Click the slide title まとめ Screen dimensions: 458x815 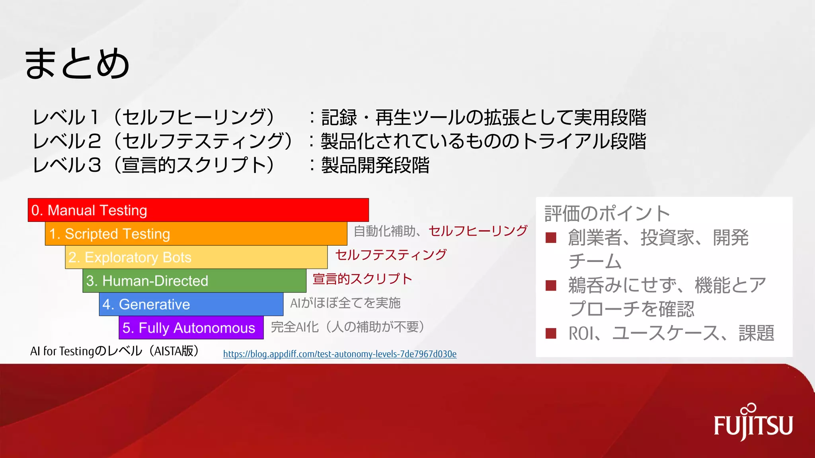coord(77,64)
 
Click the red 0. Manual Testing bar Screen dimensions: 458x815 coord(198,210)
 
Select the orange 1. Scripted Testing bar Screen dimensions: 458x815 coord(196,234)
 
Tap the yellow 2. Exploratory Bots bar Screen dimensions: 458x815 coord(196,257)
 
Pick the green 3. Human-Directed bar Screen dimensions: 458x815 coord(194,281)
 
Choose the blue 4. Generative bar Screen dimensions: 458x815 coord(191,304)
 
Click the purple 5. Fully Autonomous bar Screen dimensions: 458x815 coord(191,328)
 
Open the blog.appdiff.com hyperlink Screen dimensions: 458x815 coord(339,354)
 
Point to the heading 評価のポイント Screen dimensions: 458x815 coord(607,213)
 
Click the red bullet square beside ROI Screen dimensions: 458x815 coord(551,333)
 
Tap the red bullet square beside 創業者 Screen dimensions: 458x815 coord(551,238)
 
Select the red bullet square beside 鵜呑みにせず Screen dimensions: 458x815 coord(551,285)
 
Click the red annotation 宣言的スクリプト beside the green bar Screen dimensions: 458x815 coord(362,279)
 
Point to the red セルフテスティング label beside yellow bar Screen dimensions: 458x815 coord(391,255)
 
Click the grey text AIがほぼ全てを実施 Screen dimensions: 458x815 coord(345,303)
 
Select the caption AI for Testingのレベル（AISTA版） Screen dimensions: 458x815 coord(115,351)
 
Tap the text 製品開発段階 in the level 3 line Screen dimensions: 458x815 coord(375,165)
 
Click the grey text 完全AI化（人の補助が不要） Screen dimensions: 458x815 coord(347,327)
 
